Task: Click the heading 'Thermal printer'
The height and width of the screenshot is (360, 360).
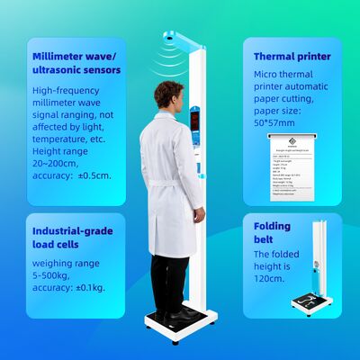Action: pos(291,56)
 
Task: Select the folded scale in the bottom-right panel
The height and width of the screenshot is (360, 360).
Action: pos(315,270)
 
